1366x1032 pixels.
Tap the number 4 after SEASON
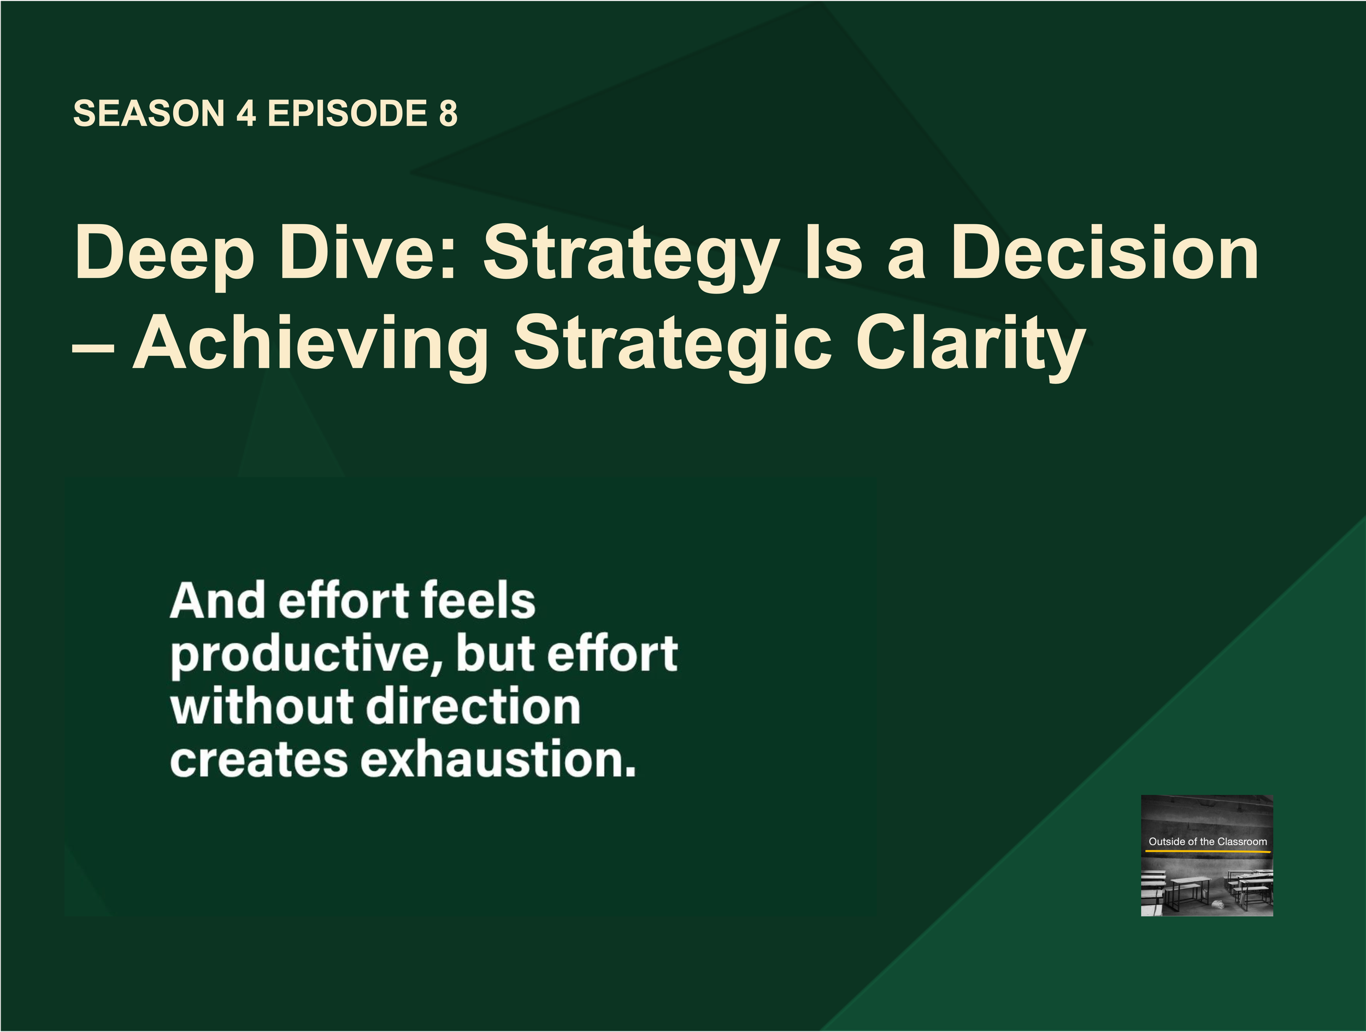(246, 114)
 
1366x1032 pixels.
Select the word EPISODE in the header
(347, 114)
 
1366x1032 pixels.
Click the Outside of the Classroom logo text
(1208, 841)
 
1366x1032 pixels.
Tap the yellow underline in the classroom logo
(1208, 852)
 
